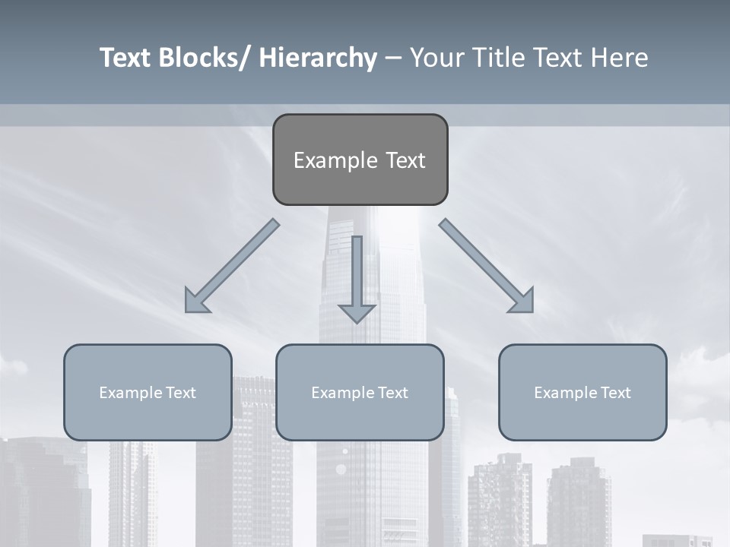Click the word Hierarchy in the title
[318, 58]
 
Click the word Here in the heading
[620, 58]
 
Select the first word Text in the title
[125, 58]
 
